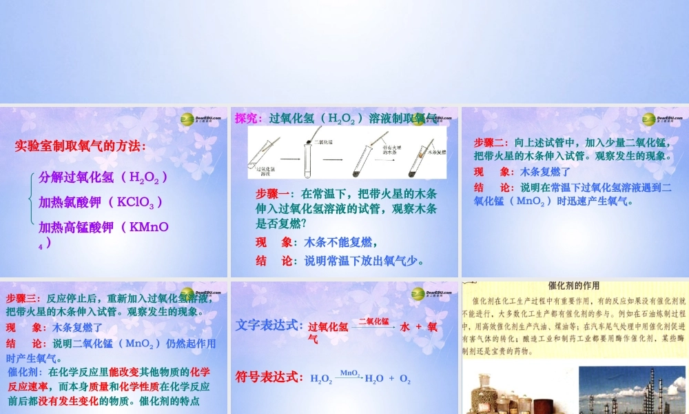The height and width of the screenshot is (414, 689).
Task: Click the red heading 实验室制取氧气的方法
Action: [x=81, y=146]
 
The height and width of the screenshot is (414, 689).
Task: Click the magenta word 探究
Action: [x=247, y=118]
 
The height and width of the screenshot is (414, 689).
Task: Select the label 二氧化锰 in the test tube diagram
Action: [x=324, y=141]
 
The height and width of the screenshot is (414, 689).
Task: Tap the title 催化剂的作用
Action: [x=573, y=286]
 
